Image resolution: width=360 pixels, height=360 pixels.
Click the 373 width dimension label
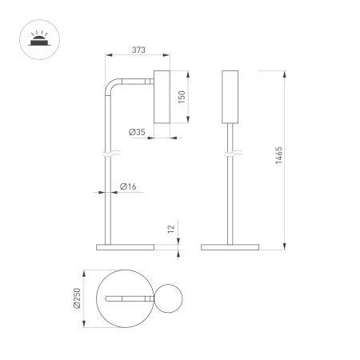pos(138,50)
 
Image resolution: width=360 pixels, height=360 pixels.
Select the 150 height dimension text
pos(182,98)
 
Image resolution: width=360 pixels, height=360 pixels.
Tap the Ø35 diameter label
pos(136,132)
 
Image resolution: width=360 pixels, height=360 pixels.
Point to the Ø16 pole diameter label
pos(127,186)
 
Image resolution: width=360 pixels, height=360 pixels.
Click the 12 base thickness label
pos(170,229)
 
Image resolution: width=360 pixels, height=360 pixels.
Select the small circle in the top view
pos(170,298)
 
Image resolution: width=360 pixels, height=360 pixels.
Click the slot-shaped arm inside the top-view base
pos(128,298)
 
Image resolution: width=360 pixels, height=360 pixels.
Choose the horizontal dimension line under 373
pos(138,56)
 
